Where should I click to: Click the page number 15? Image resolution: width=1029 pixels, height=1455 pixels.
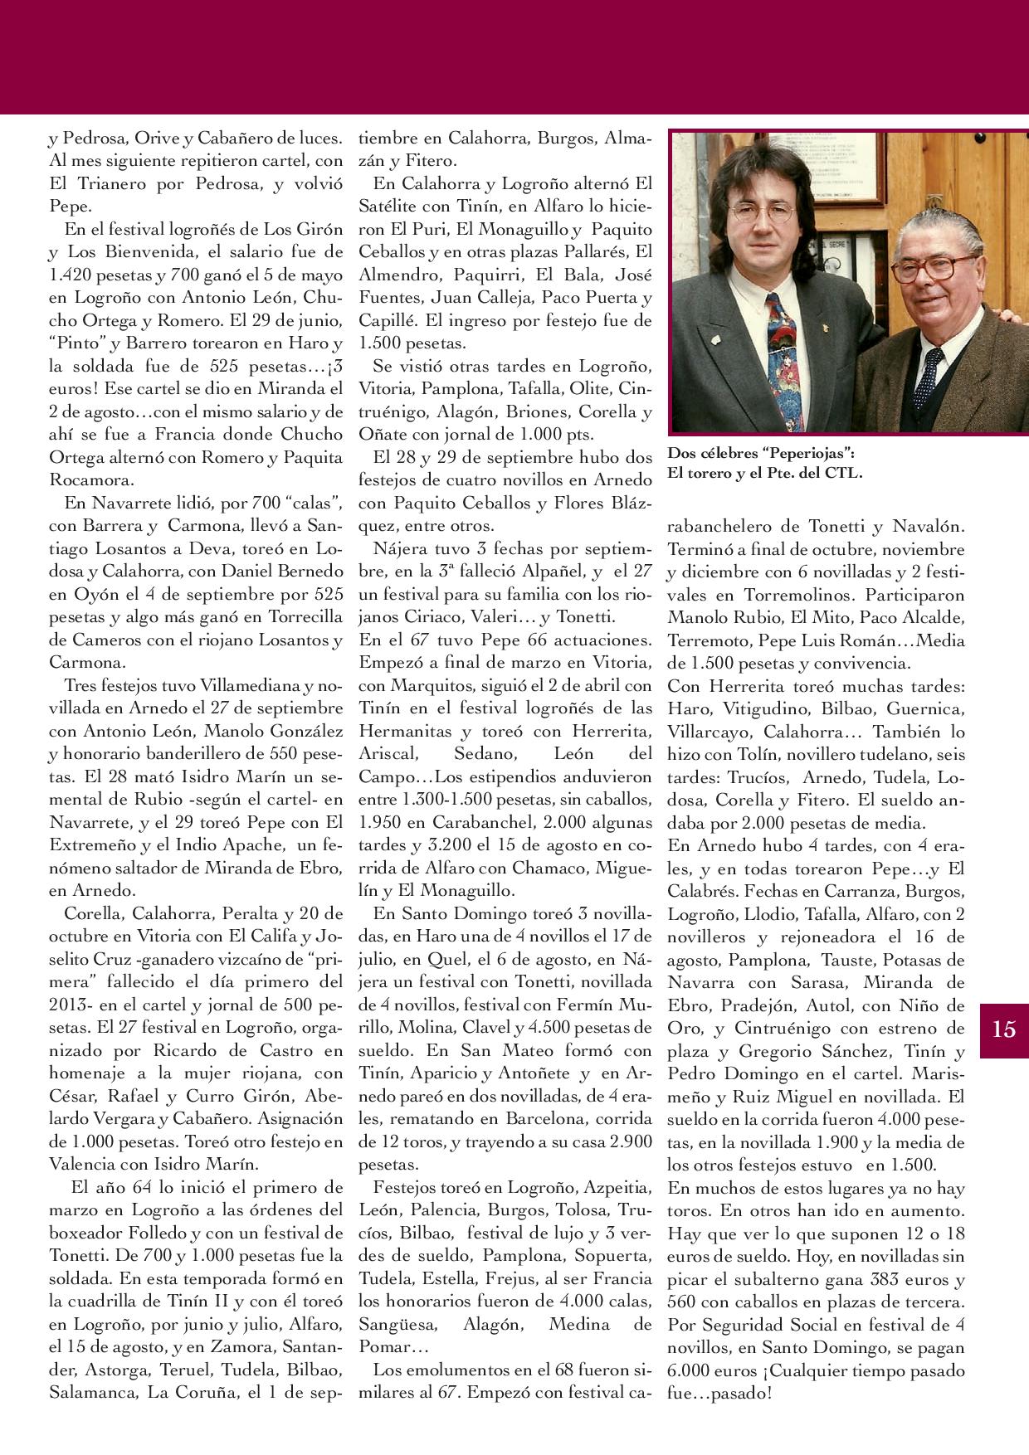pyautogui.click(x=1003, y=1029)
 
